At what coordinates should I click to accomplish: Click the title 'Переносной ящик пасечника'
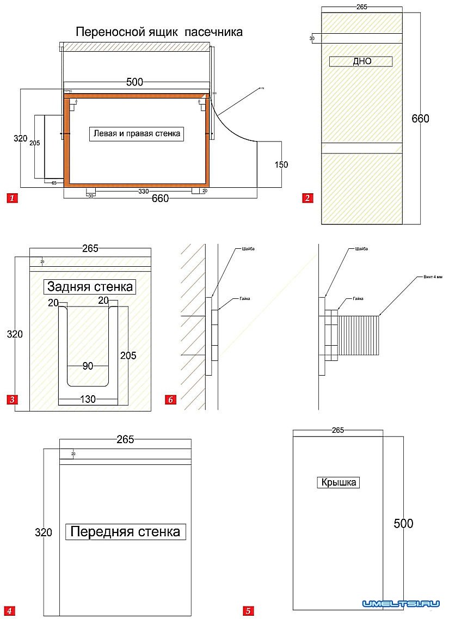[x=159, y=32]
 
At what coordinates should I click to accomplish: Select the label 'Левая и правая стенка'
[x=136, y=133]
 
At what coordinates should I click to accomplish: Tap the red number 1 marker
[x=12, y=198]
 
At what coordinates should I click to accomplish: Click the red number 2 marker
[x=307, y=198]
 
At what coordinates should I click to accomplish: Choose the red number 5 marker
[x=248, y=611]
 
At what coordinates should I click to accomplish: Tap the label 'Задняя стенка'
[x=90, y=287]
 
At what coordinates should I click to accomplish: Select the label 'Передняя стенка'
[x=126, y=531]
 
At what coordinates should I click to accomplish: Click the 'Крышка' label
[x=338, y=482]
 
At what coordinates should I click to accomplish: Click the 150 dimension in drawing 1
[x=281, y=165]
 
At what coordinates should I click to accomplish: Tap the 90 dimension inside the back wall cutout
[x=88, y=366]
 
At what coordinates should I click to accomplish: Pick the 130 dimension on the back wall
[x=88, y=399]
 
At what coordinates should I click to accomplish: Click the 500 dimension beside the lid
[x=403, y=524]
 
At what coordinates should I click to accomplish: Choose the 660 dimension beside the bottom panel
[x=420, y=119]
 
